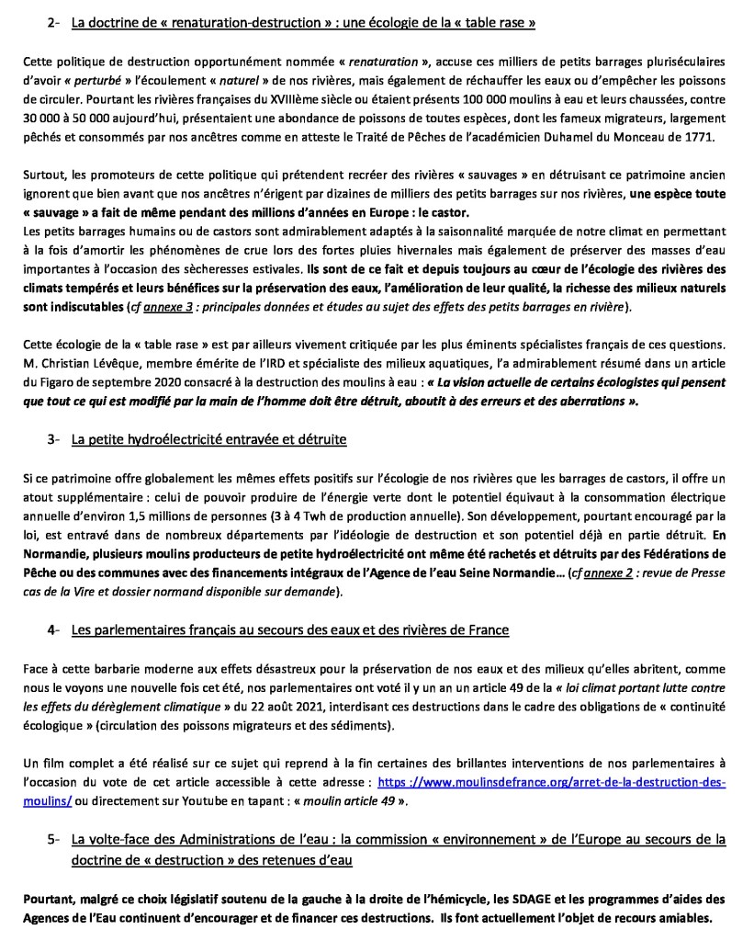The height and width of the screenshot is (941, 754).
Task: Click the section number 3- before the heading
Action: [x=53, y=440]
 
